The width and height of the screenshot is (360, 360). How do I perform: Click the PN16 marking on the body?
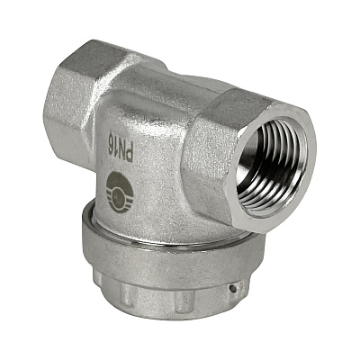coord(121,147)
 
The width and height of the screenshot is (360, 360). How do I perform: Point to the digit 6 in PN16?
coord(112,138)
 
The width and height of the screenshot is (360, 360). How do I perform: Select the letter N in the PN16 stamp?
coord(121,148)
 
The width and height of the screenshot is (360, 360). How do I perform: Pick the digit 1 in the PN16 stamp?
coord(116,142)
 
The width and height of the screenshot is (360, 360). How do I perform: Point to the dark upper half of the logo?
coord(121,182)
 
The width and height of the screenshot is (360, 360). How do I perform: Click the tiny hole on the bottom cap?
coord(231,289)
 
